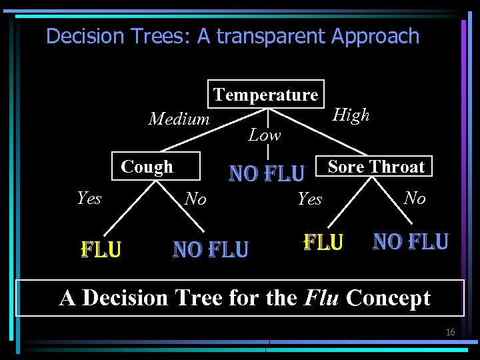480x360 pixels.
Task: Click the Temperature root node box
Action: click(x=266, y=95)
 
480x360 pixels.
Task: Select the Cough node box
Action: click(x=147, y=167)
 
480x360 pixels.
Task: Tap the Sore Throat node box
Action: click(x=376, y=167)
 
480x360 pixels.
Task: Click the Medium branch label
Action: click(x=179, y=119)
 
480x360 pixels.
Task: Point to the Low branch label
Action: click(x=265, y=135)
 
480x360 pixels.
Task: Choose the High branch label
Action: click(x=351, y=115)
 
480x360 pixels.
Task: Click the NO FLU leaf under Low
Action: click(x=267, y=174)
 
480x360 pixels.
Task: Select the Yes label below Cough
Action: click(x=89, y=198)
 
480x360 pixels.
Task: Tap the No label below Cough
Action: click(x=195, y=199)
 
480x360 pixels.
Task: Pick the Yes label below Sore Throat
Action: click(x=309, y=199)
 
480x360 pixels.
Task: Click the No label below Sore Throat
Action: click(x=414, y=198)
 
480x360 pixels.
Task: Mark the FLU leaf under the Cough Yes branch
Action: click(x=101, y=249)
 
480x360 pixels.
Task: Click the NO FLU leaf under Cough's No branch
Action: click(x=211, y=249)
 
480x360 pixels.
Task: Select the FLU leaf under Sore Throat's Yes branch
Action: click(x=323, y=241)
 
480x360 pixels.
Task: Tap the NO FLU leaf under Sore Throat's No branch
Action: click(x=411, y=241)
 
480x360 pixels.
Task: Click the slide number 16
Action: click(x=450, y=332)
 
